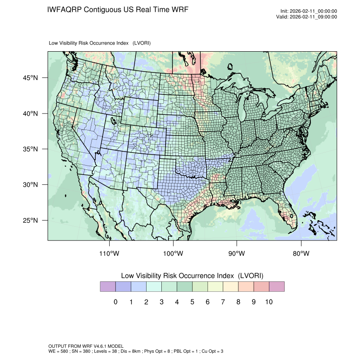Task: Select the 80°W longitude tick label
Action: click(301, 254)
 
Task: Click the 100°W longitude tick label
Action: click(173, 254)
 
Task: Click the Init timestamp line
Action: click(309, 11)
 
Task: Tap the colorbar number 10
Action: click(269, 302)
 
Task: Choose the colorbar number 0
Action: click(115, 302)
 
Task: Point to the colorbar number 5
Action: click(192, 302)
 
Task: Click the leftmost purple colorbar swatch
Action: click(108, 287)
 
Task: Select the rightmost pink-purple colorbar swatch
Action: click(277, 287)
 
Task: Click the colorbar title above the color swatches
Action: click(192, 276)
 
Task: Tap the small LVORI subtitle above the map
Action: click(100, 43)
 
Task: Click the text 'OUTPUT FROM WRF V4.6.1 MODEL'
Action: click(86, 346)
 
